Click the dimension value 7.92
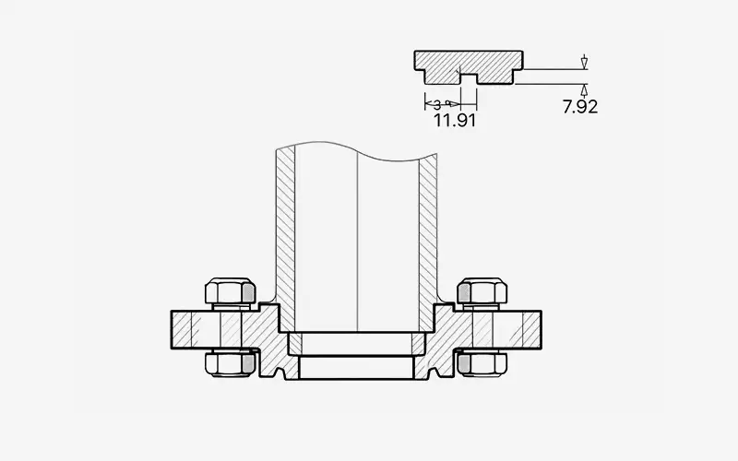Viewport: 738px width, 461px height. click(x=580, y=107)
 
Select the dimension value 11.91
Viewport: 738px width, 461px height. click(x=454, y=120)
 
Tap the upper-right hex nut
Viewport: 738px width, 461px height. click(x=483, y=292)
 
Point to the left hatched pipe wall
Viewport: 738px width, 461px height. click(x=285, y=230)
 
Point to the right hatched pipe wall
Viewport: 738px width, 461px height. click(x=428, y=230)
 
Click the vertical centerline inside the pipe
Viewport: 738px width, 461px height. click(x=357, y=240)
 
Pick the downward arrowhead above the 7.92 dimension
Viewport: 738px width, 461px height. click(x=584, y=65)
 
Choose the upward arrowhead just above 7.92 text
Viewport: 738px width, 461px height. click(x=584, y=89)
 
